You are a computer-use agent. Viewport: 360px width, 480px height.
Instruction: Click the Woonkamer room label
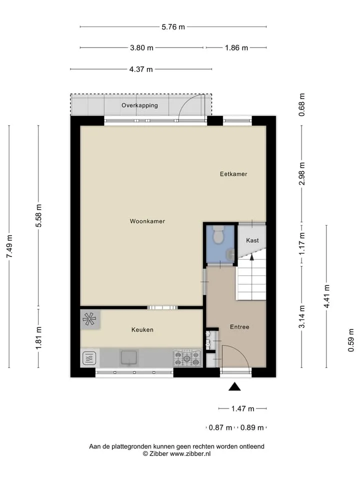(x=147, y=221)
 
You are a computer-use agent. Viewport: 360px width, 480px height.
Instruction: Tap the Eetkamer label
(x=233, y=174)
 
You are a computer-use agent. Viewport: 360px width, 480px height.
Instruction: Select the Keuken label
(x=142, y=329)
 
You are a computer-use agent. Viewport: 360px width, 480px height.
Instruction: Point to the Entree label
(x=239, y=327)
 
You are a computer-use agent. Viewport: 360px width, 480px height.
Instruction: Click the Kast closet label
(x=252, y=240)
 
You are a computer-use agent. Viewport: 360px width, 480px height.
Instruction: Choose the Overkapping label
(x=139, y=105)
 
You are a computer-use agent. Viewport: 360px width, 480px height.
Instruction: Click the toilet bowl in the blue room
(x=218, y=235)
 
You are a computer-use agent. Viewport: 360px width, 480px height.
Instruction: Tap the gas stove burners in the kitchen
(x=187, y=358)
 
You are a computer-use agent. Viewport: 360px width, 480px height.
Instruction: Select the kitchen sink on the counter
(x=129, y=357)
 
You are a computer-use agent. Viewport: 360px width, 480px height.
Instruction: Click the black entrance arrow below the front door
(x=234, y=386)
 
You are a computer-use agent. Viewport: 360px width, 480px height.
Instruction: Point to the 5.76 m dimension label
(x=173, y=27)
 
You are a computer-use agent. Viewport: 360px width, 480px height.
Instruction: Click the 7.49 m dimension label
(x=9, y=246)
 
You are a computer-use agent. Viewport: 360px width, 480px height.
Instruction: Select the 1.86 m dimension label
(x=236, y=48)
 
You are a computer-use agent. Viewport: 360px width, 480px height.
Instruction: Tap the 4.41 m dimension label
(x=327, y=296)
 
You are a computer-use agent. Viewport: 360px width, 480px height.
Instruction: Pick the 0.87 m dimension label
(x=220, y=427)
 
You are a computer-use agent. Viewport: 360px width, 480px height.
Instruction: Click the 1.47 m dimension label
(x=243, y=408)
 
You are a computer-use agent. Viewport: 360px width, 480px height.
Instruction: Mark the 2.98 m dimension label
(x=302, y=173)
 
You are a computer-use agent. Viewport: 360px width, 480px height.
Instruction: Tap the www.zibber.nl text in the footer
(x=190, y=453)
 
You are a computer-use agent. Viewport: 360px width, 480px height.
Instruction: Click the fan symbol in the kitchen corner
(x=89, y=319)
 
